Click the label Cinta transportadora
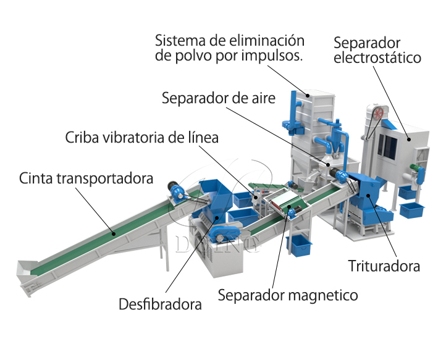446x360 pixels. (x=86, y=178)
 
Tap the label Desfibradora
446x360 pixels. (x=160, y=304)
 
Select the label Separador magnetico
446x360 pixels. (x=288, y=295)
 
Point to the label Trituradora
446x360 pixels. (x=384, y=266)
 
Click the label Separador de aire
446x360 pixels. (x=219, y=98)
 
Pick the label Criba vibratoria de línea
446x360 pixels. (x=142, y=137)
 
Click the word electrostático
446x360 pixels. (x=377, y=57)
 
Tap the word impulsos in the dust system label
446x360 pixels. (x=272, y=56)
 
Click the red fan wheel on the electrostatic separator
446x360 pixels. (x=378, y=114)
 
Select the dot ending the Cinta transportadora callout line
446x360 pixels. (x=114, y=234)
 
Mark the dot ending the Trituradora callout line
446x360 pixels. (x=368, y=195)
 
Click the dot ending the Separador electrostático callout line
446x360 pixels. (x=409, y=140)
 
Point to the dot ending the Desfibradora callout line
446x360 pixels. (x=217, y=218)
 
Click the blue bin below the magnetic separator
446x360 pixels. (x=299, y=246)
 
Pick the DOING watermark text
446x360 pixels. (x=218, y=245)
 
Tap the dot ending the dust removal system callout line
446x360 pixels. (x=308, y=96)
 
